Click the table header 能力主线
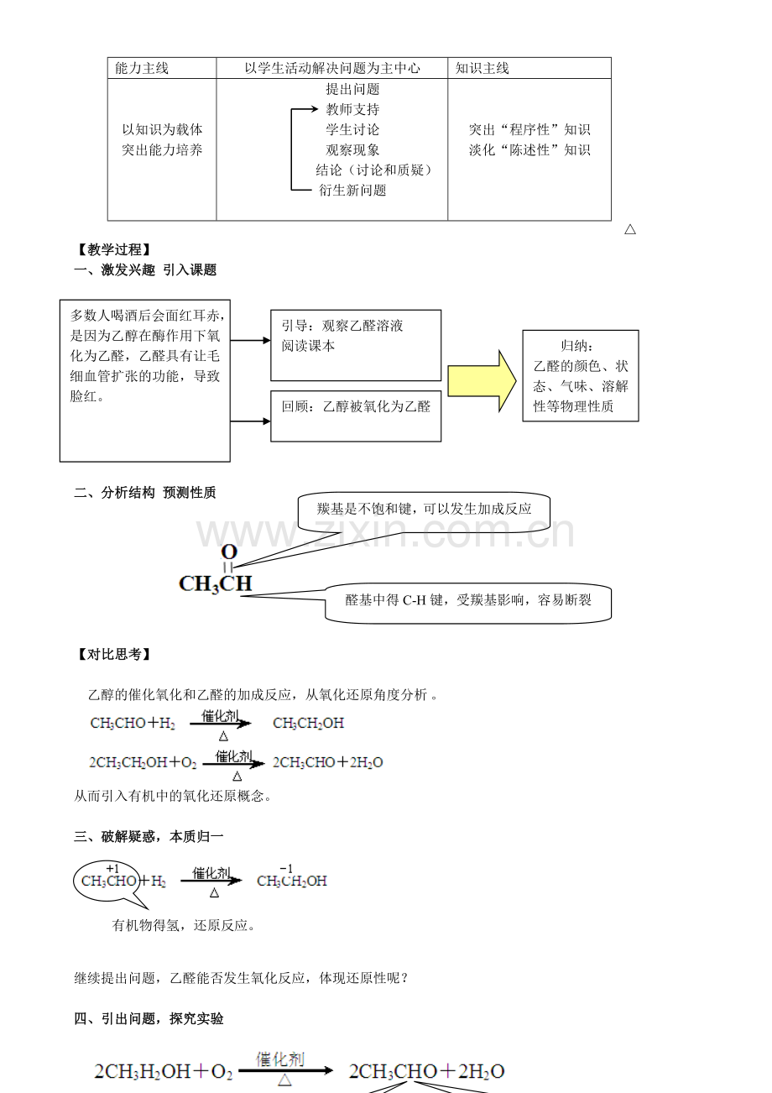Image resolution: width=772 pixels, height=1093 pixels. [142, 68]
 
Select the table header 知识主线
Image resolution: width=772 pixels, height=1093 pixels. [482, 68]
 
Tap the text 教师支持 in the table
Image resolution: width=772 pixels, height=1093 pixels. [352, 109]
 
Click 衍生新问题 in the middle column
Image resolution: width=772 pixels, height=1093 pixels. [352, 191]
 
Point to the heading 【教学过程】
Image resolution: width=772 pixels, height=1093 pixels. [114, 250]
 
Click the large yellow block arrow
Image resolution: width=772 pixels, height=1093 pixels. [482, 381]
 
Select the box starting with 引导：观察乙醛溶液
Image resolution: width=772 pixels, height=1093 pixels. [356, 345]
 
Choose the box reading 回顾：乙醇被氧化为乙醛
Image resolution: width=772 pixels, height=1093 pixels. [356, 416]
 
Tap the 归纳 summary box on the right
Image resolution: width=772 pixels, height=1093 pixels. [581, 376]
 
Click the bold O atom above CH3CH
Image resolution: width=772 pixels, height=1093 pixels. [229, 552]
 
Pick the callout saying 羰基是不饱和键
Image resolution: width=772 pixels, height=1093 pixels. [424, 510]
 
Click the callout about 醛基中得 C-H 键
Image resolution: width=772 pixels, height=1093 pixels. [468, 603]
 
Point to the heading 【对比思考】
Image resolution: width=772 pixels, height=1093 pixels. [114, 654]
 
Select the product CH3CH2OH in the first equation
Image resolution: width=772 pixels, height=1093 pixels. [308, 723]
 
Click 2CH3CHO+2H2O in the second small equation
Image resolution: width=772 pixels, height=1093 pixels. [328, 762]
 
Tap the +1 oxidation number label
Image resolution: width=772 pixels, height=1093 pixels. [112, 869]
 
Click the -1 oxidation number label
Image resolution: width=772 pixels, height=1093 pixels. [286, 869]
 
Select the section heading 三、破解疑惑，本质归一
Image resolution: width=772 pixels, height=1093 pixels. [149, 837]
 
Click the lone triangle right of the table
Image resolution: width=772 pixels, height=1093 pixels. [630, 229]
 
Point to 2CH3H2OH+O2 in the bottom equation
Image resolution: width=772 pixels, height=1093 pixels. [164, 1071]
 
